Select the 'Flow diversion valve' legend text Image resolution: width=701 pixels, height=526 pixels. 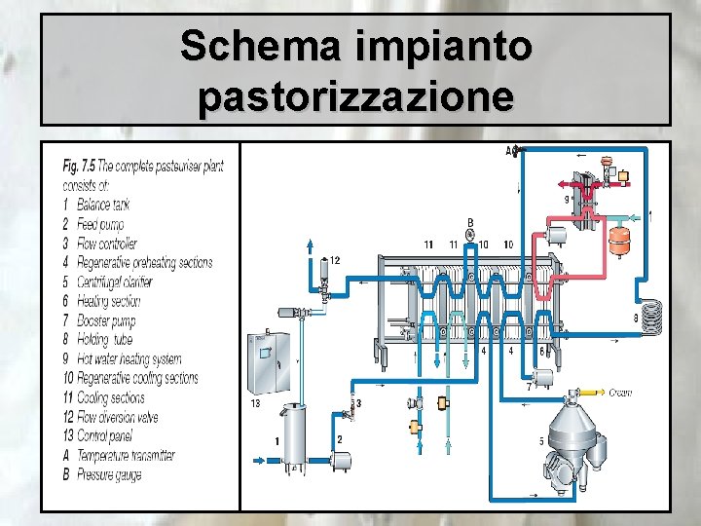pos(122,416)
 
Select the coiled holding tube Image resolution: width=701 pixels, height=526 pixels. pos(658,315)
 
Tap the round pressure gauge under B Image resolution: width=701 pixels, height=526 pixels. pos(470,235)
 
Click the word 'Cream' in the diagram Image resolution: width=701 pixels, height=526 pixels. pos(620,394)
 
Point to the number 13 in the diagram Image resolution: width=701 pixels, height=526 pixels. pos(255,401)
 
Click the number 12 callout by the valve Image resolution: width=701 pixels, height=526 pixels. pos(334,260)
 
